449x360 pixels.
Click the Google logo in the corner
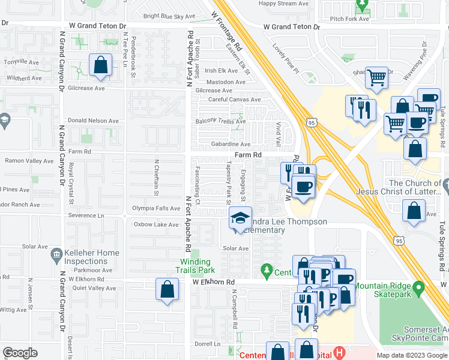click(20, 353)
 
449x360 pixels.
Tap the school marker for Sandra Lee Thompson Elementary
click(241, 219)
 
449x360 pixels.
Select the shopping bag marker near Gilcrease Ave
click(101, 65)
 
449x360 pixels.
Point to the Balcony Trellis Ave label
click(221, 121)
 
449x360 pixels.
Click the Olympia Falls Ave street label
click(156, 208)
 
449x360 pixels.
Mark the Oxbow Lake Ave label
click(156, 224)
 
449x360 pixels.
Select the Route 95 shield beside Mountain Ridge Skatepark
click(397, 240)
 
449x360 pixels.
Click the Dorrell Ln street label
click(207, 344)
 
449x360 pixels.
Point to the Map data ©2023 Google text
click(411, 355)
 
